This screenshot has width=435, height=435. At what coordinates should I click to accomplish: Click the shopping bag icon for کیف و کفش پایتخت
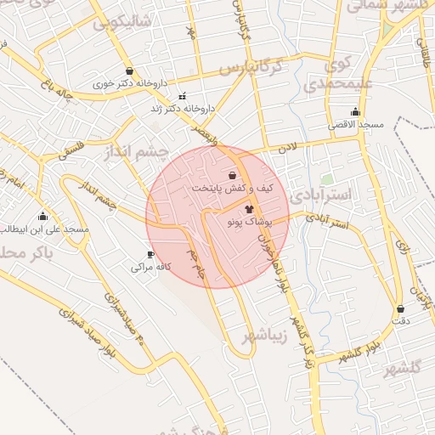tap(232, 174)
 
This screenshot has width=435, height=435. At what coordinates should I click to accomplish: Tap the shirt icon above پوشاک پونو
tap(249, 207)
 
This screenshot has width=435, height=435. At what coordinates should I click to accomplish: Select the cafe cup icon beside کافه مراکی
tap(150, 254)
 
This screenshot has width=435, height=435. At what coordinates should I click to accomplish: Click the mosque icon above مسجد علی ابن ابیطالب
tap(42, 216)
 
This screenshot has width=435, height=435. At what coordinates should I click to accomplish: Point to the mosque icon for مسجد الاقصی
tap(355, 112)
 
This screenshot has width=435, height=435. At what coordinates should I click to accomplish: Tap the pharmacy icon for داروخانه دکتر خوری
tap(128, 71)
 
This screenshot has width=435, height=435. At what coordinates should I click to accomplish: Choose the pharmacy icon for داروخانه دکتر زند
tap(180, 96)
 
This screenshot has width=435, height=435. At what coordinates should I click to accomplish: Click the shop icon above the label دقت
tap(400, 308)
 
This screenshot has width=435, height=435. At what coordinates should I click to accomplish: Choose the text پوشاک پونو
tap(249, 221)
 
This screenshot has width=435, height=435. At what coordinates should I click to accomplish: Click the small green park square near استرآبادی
tap(326, 179)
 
